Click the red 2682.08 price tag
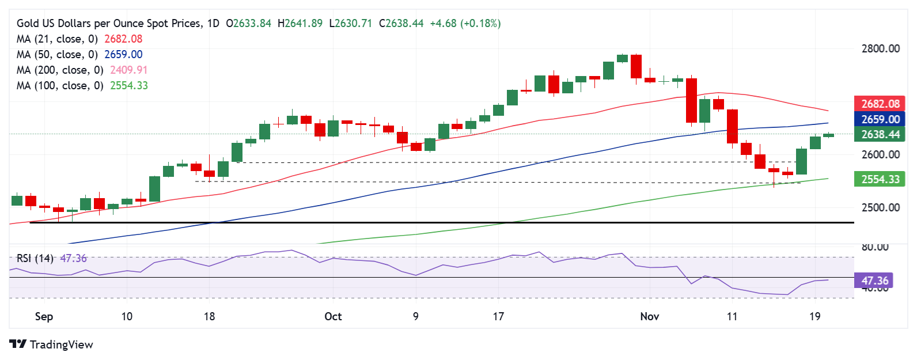coord(880,104)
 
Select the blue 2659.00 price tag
coord(880,120)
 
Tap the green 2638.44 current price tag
coord(880,135)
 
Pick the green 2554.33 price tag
coord(880,180)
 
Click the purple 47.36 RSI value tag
coord(874,281)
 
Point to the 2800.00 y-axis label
coord(880,49)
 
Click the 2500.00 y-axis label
coord(880,208)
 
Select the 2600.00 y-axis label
coord(880,155)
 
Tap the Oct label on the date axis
coord(333,317)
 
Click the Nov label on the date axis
coord(649,317)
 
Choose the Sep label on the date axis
coord(44,317)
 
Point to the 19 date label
coord(814,317)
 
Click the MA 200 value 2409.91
coord(126,70)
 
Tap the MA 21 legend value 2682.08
coord(123,39)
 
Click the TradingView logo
coord(51,344)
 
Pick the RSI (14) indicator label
coord(35,259)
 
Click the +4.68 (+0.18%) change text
coord(465,24)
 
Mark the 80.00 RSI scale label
coord(874,247)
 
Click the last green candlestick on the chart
coord(828,135)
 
